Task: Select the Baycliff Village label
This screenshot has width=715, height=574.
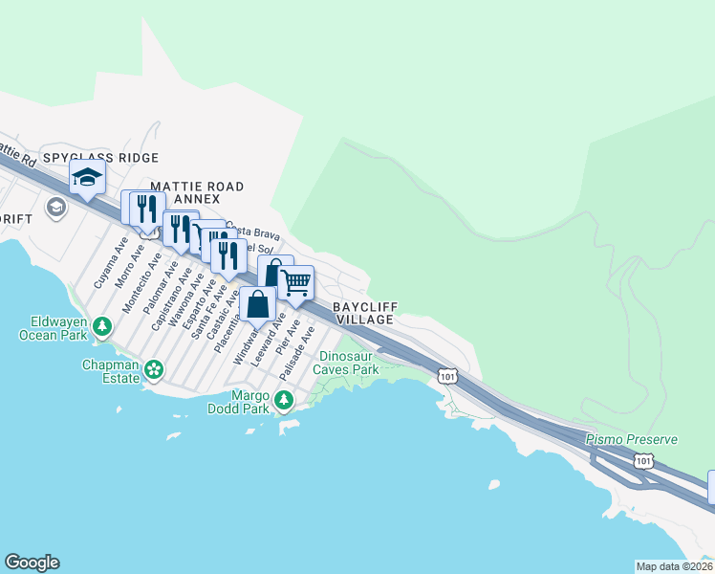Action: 364,313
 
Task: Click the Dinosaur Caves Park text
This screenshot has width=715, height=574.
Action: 348,363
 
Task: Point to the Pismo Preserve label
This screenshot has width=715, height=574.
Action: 632,439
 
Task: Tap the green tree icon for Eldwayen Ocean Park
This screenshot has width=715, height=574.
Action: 100,328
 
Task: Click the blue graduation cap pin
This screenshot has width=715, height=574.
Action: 87,178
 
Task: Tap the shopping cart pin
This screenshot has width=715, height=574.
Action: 296,282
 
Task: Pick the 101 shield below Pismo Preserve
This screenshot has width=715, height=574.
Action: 643,461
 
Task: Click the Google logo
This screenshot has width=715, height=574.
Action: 32,563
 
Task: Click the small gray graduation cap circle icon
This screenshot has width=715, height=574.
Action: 55,207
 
